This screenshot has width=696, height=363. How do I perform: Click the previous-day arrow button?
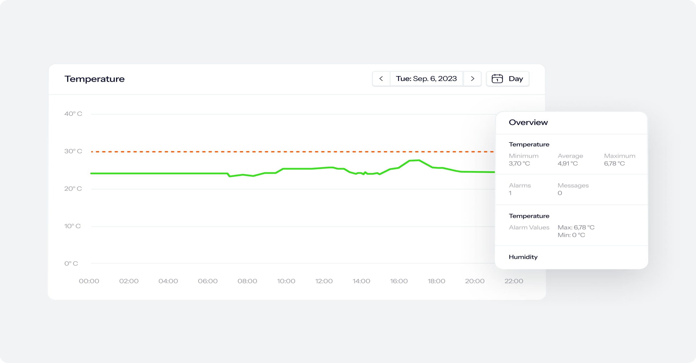coord(381,79)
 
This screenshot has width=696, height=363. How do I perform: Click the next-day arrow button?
coord(473,79)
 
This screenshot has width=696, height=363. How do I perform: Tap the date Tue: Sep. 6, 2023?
coord(426,79)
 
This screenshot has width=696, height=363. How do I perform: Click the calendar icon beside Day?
coord(497,79)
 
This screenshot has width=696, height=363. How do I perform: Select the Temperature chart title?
coord(94,79)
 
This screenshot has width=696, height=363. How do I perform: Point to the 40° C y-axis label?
coord(73,114)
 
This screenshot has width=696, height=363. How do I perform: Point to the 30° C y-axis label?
coord(73,151)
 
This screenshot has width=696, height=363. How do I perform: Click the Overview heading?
coord(528,122)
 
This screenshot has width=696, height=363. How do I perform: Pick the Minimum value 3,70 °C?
coord(519,163)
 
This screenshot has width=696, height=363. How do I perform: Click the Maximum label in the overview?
coord(620,156)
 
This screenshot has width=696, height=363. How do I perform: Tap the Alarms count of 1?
coord(510,193)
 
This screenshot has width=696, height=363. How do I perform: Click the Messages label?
coord(573,185)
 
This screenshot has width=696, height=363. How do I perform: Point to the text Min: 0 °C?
coord(571,235)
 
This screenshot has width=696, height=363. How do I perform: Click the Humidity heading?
coord(523,257)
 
